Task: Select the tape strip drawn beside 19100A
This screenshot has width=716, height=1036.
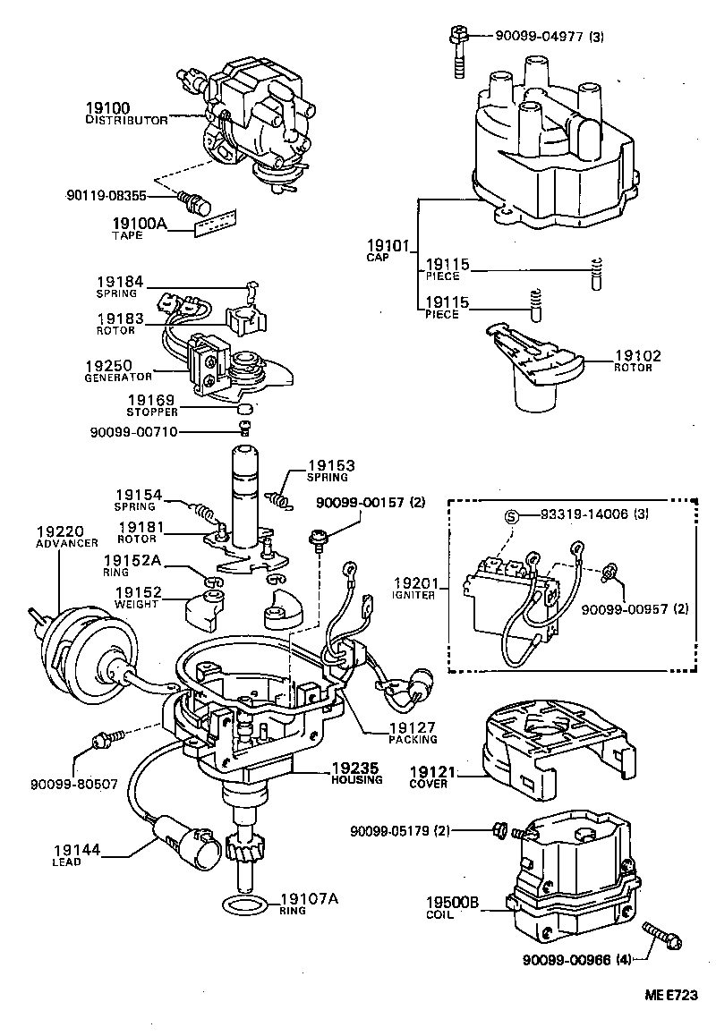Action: pos(217,222)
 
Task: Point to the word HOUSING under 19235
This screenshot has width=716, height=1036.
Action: pos(356,779)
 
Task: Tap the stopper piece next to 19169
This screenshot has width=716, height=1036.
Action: pos(243,411)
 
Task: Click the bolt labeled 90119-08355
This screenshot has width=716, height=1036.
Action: pos(190,199)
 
